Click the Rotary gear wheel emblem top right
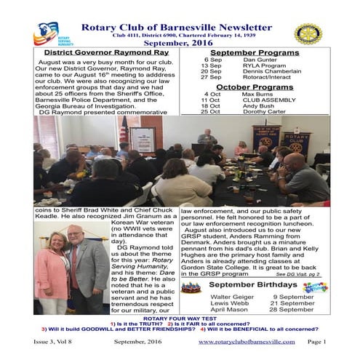[x=308, y=34]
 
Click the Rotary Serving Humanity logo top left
[x=48, y=35]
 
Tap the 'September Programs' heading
[x=255, y=54]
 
